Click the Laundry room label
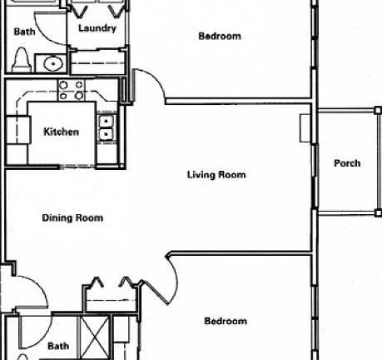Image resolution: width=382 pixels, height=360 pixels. (x=97, y=28)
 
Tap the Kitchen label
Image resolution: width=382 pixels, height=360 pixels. (x=61, y=132)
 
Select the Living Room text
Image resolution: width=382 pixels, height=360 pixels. (x=216, y=175)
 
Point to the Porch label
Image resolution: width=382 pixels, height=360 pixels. (x=347, y=163)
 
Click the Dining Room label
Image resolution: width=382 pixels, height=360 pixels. (x=72, y=218)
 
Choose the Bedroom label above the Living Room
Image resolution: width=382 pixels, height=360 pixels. (x=220, y=36)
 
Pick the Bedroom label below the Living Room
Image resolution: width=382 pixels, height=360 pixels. (x=226, y=321)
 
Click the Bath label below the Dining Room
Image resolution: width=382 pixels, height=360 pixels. (x=58, y=346)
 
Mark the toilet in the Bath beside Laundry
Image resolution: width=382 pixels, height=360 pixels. (x=22, y=60)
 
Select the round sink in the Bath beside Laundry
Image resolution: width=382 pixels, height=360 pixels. (x=54, y=63)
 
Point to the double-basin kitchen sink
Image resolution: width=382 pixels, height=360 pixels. (x=107, y=127)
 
